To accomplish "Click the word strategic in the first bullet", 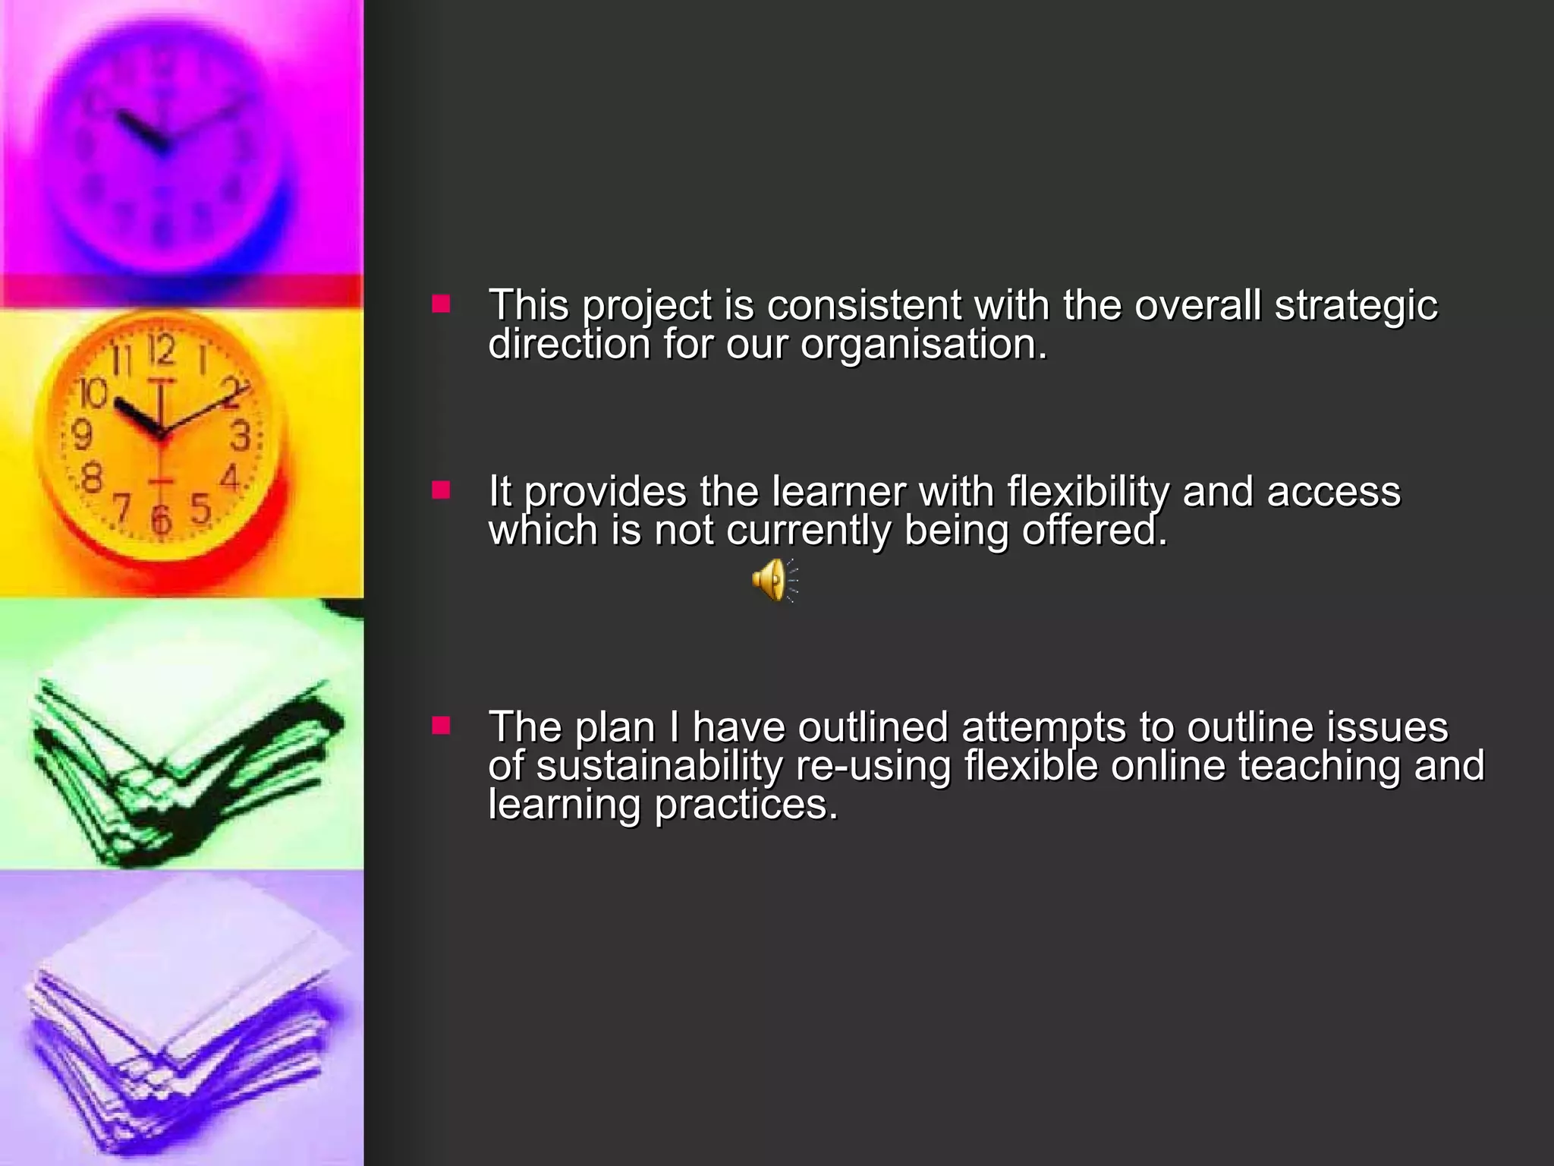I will tap(1355, 305).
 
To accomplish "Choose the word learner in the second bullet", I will tap(838, 491).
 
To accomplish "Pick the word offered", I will tap(1093, 530).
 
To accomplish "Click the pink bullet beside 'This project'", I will tap(441, 305).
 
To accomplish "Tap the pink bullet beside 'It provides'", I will tap(441, 491).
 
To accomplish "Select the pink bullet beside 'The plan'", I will tap(441, 726).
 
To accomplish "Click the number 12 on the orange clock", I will tap(162, 350).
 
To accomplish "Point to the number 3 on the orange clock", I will tap(241, 436).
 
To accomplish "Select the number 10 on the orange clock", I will tap(93, 392).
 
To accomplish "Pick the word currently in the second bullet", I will tap(808, 530).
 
